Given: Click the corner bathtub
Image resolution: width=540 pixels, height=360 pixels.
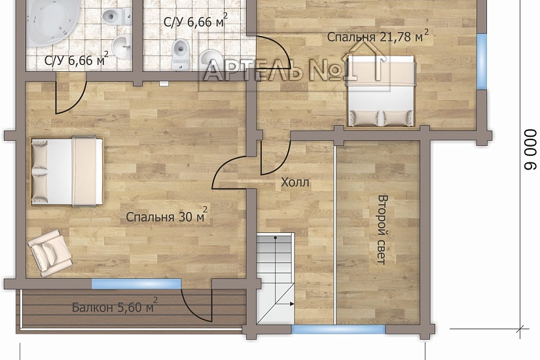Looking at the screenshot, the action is coord(52,22).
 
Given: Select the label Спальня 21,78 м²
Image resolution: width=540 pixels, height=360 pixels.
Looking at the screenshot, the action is coord(378,36).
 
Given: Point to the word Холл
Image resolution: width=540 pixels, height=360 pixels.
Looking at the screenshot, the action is coord(295,182).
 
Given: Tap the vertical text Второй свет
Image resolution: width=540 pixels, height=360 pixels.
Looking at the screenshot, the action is coord(382,230).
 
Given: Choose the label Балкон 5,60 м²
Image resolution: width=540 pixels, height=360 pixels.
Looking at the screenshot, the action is coord(115,306).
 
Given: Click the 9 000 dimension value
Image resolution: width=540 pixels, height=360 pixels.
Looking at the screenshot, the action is coord(530,149).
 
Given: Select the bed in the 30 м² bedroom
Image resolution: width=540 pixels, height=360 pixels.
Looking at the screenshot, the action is coord(67,171).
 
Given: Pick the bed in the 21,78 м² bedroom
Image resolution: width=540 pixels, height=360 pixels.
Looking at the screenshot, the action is coord(381,90).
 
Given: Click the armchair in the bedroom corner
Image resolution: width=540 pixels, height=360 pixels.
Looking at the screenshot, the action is coord(50,253).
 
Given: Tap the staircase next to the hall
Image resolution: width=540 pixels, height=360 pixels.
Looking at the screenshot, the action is coord(276,278).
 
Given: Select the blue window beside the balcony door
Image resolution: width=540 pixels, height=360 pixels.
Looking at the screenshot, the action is coord(136,284).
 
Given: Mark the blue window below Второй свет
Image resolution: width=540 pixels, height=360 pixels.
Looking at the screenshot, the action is coord(338,329).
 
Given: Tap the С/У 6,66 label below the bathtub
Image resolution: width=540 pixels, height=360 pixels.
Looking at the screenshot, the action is coord(77,60).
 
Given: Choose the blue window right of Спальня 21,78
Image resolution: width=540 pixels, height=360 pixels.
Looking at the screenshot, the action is coord(482,62).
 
